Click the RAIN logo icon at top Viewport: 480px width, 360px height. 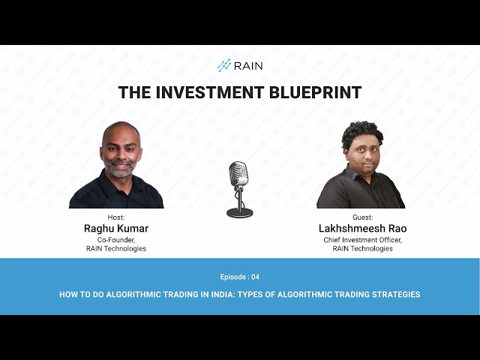pos(224,65)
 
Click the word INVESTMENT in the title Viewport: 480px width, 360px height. pos(210,92)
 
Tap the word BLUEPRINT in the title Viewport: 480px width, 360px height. pos(315,92)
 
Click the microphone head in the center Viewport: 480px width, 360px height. pos(238,173)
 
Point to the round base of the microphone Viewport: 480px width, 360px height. pos(240,212)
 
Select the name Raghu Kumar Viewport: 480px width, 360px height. pos(116,228)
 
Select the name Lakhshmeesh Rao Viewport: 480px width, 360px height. pos(363,228)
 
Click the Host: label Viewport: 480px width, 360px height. pos(116,217)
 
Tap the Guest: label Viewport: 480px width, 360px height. pos(363,217)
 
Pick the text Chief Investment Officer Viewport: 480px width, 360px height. pos(363,240)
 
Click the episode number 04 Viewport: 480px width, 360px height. pos(255,277)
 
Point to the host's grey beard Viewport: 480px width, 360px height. pos(121,169)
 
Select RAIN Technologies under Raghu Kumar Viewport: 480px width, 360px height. pos(116,248)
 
